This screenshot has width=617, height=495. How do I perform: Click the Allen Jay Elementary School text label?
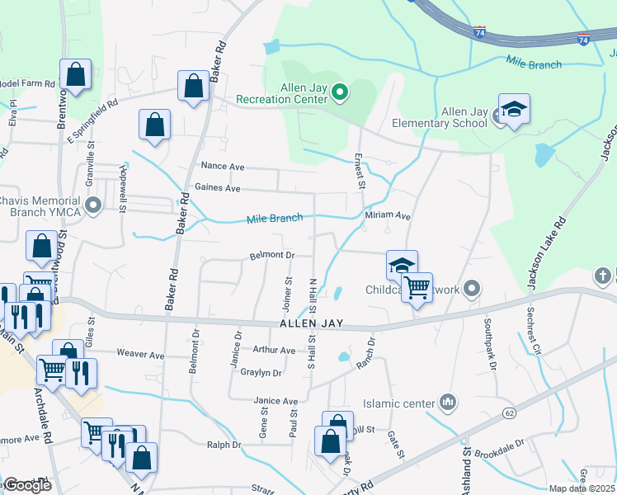(x=464, y=118)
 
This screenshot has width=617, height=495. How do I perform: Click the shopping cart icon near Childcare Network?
(x=417, y=288)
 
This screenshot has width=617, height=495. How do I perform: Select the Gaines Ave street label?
(x=218, y=189)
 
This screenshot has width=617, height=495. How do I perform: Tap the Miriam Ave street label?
(x=388, y=216)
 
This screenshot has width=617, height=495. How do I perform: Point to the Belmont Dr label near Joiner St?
(x=271, y=256)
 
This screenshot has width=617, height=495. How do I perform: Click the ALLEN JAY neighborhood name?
(x=310, y=324)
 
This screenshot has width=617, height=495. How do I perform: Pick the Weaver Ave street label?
(x=140, y=355)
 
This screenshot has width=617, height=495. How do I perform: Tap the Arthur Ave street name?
(x=274, y=351)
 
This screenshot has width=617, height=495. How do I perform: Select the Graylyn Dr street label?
(x=261, y=373)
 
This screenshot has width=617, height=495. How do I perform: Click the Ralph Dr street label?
(x=224, y=445)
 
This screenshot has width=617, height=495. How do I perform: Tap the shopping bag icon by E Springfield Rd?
(x=154, y=126)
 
